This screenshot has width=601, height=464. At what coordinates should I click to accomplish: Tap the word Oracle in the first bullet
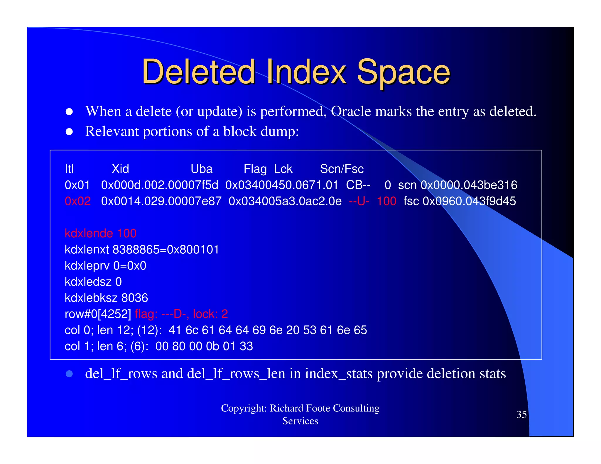[x=351, y=111]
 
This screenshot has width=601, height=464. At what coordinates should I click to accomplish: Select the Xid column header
[x=120, y=169]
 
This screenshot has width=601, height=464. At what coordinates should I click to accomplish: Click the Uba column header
[x=201, y=169]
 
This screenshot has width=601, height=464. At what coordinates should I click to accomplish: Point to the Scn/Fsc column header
[x=342, y=169]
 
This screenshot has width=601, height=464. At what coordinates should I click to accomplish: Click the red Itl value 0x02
[x=77, y=201]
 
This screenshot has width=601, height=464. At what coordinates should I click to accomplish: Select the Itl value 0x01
[x=77, y=185]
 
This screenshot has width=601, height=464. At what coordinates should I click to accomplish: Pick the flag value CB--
[x=358, y=185]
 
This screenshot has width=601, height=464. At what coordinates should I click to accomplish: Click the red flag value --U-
[x=359, y=201]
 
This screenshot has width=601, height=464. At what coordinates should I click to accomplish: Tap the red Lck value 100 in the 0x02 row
[x=386, y=201]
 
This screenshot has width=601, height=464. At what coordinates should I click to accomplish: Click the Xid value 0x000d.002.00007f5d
[x=160, y=185]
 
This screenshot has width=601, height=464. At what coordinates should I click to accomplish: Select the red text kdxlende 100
[x=100, y=233]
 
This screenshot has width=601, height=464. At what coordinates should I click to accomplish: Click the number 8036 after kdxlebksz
[x=135, y=298]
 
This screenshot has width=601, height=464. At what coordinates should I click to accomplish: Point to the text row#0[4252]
[x=98, y=314]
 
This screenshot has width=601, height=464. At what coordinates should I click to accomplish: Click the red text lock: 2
[x=210, y=314]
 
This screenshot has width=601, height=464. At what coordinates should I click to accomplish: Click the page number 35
[x=521, y=414]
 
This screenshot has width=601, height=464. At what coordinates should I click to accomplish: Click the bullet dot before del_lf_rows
[x=69, y=374]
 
